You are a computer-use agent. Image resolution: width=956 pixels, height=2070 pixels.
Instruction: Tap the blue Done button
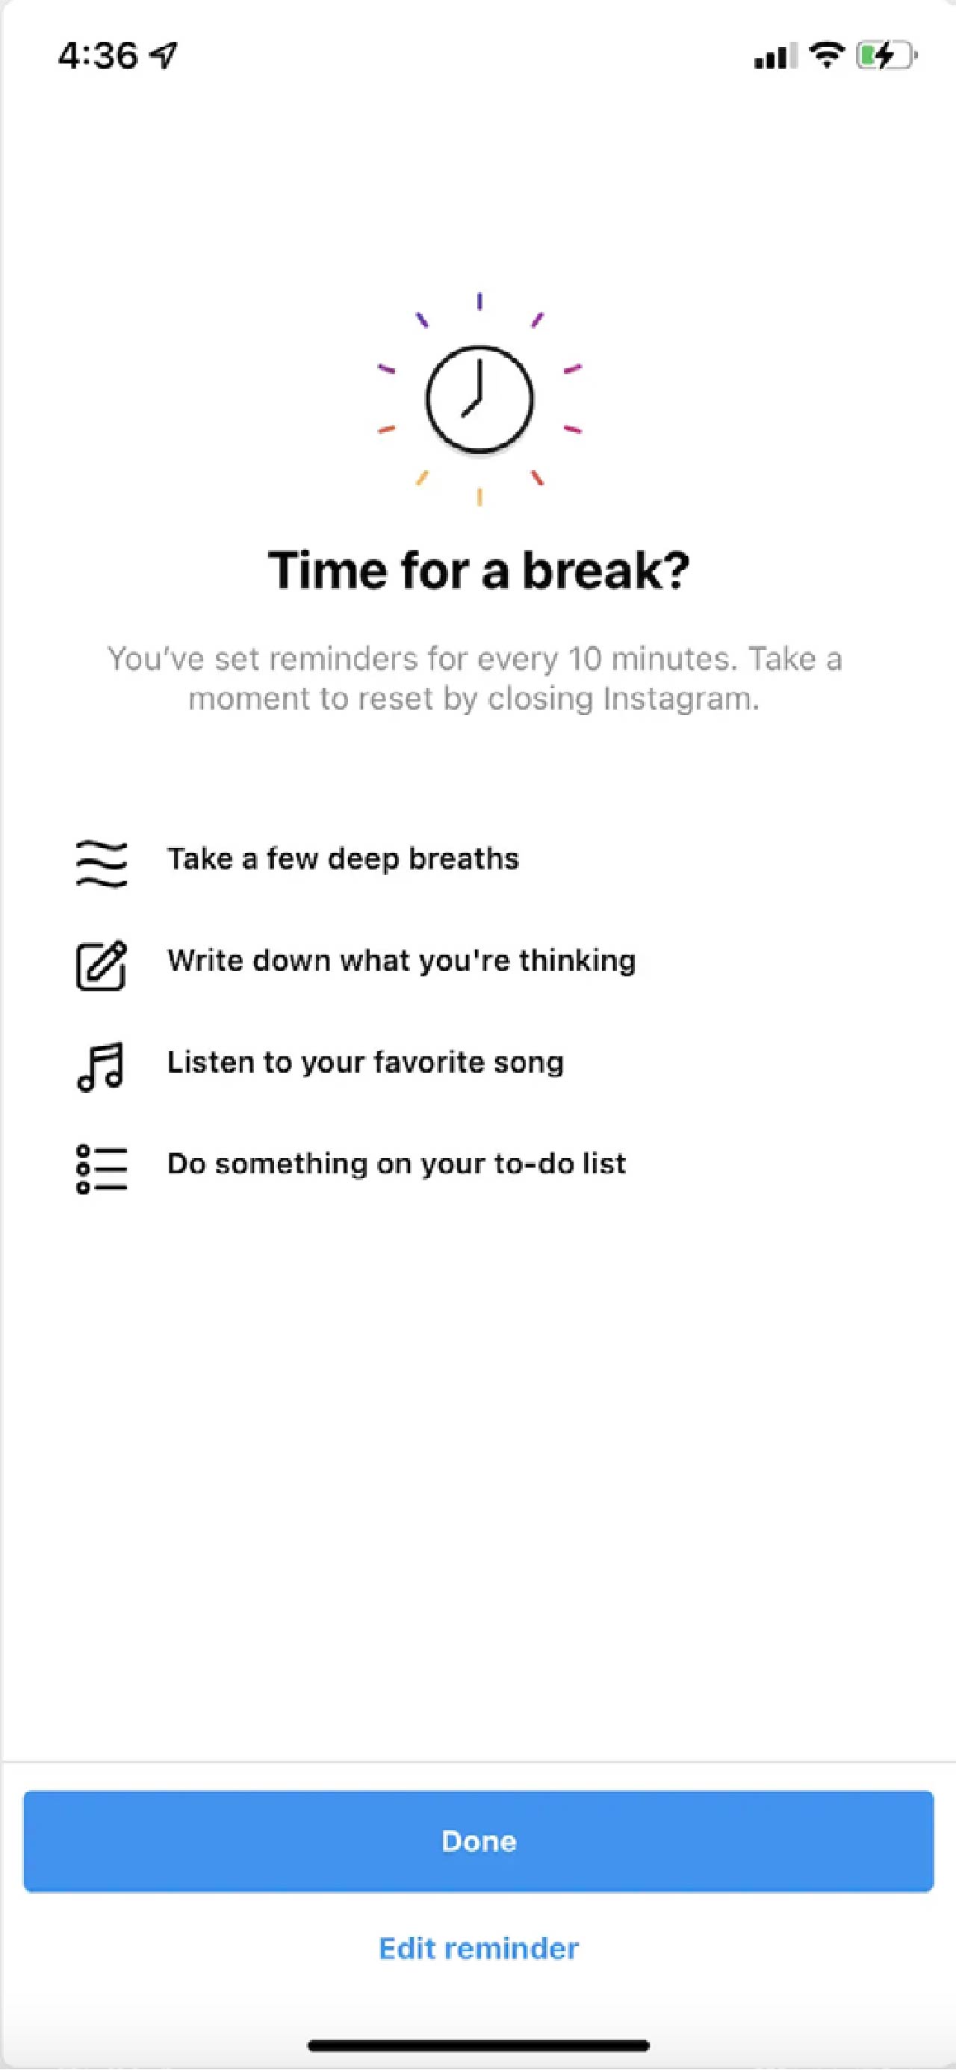coord(478,1840)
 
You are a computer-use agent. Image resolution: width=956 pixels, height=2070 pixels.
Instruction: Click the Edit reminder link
coord(479,1947)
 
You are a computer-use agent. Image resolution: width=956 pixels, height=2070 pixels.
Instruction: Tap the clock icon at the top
coord(479,399)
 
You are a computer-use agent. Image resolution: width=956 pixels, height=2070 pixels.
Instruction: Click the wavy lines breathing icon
coord(102,863)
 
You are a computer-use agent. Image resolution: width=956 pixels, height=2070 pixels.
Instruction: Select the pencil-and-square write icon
coord(102,964)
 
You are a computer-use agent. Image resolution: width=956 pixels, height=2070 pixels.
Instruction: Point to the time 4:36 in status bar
coord(98,55)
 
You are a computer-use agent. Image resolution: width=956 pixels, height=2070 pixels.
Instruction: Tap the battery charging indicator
coord(886,55)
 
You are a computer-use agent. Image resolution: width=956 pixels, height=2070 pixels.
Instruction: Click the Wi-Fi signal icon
coord(826,55)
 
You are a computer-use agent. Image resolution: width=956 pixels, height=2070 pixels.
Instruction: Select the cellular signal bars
coord(775,55)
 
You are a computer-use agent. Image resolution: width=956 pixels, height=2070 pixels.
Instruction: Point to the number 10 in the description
coord(584,659)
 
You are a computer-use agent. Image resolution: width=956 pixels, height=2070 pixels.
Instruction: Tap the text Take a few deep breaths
coord(343,859)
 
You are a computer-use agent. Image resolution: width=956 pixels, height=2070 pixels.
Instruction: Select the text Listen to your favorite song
coord(365,1062)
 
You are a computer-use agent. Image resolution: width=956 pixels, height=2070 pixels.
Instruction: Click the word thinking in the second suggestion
coord(577,961)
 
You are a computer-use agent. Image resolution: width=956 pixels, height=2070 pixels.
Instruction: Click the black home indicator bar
coord(479,2045)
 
